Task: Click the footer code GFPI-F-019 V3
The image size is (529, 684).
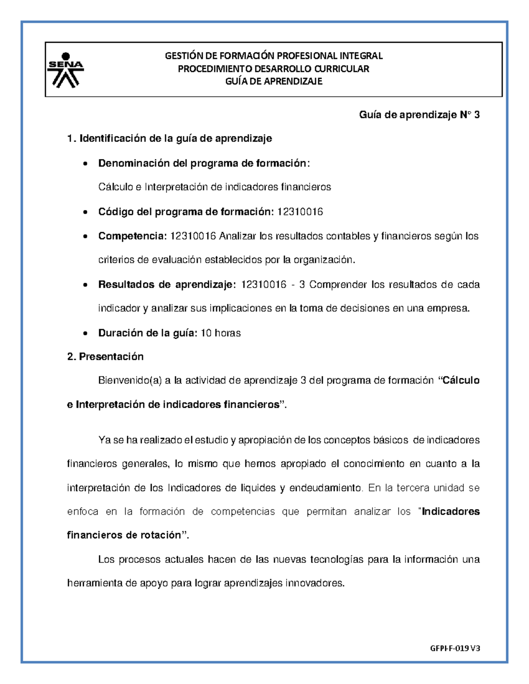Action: click(455, 648)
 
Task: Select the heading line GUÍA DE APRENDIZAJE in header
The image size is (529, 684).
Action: click(274, 81)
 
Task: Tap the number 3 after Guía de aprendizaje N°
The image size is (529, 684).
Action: click(477, 115)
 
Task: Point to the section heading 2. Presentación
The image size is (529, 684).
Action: click(105, 356)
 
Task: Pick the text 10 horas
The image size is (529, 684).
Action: click(220, 333)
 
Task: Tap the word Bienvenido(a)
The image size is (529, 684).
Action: click(130, 381)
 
